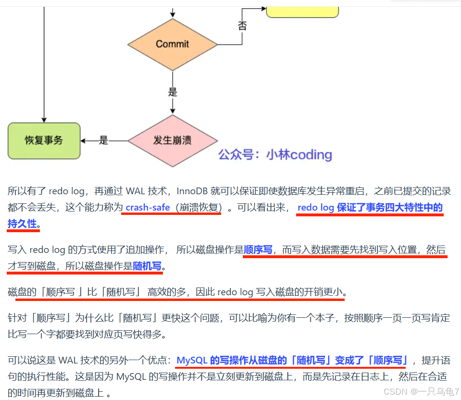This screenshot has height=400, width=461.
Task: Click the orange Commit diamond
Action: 172,44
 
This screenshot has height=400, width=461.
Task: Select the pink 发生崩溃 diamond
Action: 172,140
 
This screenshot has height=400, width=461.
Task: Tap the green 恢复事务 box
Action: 44,140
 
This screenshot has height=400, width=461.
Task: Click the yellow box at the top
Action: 302,11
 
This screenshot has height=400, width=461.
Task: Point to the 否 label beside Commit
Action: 242,26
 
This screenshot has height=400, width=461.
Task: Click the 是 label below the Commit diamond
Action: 173,92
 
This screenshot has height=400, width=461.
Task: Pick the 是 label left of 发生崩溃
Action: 103,140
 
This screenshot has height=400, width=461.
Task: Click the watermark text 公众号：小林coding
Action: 275,155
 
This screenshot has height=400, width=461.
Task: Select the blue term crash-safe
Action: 147,208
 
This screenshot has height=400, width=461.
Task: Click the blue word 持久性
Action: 22,224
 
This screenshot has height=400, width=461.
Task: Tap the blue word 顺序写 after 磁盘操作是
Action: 258,250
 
